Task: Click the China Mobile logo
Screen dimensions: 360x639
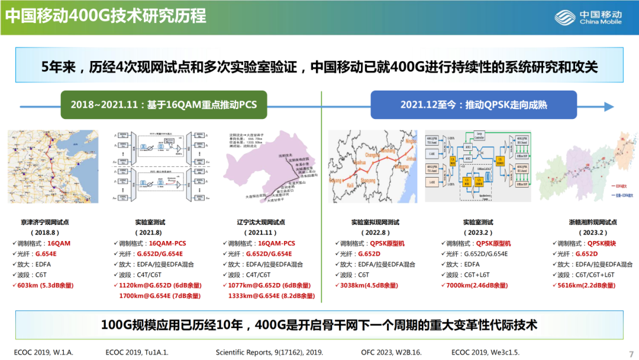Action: click(x=588, y=17)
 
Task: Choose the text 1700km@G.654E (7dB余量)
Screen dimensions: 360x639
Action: click(x=154, y=295)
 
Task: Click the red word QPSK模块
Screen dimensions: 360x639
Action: click(x=601, y=243)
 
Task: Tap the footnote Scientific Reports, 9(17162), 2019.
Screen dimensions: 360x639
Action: click(x=269, y=352)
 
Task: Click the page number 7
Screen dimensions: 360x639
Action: click(x=630, y=352)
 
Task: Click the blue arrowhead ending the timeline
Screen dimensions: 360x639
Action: click(x=608, y=107)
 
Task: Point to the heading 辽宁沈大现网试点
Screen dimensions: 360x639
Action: click(x=261, y=222)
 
